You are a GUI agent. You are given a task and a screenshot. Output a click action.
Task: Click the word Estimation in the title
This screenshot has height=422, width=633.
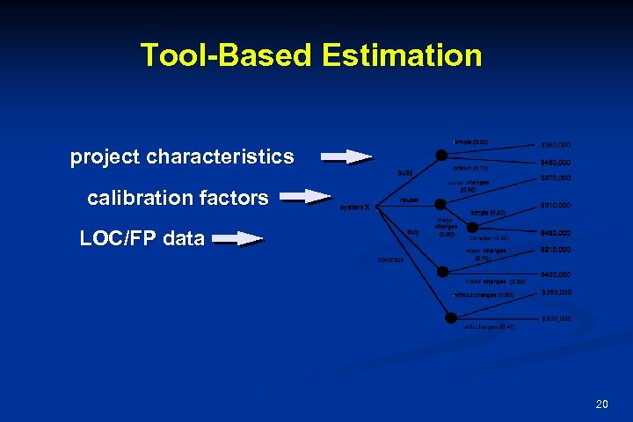[x=402, y=55]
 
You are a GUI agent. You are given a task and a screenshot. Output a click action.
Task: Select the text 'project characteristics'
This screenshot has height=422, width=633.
[x=182, y=157]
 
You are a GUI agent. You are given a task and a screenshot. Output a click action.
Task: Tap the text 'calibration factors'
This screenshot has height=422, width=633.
[x=178, y=199]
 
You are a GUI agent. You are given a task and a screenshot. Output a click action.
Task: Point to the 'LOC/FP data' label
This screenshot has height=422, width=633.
[x=142, y=237]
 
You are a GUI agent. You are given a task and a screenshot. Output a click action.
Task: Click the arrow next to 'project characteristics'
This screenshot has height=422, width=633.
[x=346, y=157]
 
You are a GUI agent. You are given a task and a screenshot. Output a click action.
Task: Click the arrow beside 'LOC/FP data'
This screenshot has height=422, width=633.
[x=238, y=237]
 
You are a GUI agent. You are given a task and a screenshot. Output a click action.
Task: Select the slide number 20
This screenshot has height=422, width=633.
[x=601, y=404]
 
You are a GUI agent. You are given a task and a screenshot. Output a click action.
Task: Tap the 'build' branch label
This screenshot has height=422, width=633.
[x=405, y=172]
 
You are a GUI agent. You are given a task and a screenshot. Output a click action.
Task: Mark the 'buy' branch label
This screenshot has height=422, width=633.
[x=412, y=231]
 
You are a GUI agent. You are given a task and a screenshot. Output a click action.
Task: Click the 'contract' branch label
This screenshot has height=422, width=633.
[x=391, y=259]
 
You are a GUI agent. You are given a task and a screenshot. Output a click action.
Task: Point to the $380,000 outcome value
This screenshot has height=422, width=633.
[x=556, y=144]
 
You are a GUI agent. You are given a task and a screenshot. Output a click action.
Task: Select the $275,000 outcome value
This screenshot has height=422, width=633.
[x=556, y=178]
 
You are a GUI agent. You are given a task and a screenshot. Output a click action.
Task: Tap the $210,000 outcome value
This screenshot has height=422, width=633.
[x=556, y=250]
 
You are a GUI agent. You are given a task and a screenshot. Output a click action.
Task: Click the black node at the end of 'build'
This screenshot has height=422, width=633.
[x=439, y=156]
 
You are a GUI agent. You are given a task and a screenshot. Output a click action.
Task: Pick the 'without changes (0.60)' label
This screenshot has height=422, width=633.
[x=484, y=295]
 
